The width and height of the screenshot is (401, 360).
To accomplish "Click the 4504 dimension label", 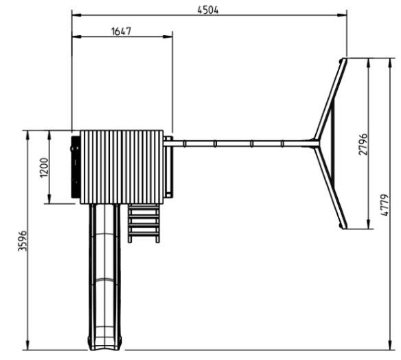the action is (x=208, y=10).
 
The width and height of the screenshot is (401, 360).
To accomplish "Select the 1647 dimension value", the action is (x=122, y=32).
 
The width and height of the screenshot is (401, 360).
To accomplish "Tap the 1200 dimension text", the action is (x=44, y=168).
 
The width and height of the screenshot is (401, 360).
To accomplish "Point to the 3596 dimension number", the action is (x=23, y=240).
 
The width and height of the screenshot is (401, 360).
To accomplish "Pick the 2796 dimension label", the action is (x=363, y=144).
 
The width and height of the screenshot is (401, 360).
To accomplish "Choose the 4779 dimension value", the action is (x=385, y=205).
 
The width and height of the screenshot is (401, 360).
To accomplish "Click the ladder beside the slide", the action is (x=144, y=223).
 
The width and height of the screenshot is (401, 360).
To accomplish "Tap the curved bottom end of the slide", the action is (x=105, y=344).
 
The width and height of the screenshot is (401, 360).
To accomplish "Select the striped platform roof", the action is (x=122, y=167).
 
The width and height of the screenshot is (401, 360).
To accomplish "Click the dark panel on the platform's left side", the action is (x=76, y=167).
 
